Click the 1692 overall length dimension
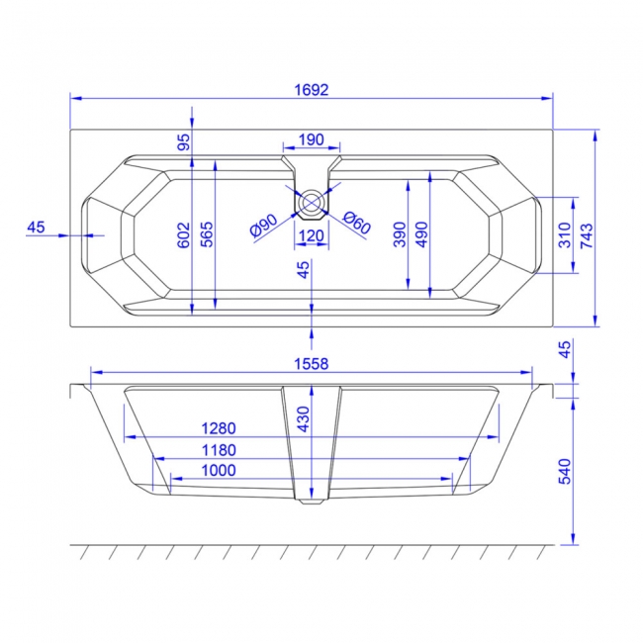pos(311,89)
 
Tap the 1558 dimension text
pos(312,364)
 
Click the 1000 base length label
pos(217,471)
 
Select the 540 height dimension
pos(565,471)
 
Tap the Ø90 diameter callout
pos(263,227)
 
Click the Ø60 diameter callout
pos(356,224)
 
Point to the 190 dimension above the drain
pos(312,138)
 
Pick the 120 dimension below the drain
pos(312,235)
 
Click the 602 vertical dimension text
pos(183,234)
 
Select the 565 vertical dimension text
pos(207,234)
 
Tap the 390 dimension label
pos(399,234)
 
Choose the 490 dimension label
pos(422,234)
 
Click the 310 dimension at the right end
pos(563,234)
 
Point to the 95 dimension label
pos(183,140)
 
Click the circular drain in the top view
pos(312,202)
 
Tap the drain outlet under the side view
pos(312,502)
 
